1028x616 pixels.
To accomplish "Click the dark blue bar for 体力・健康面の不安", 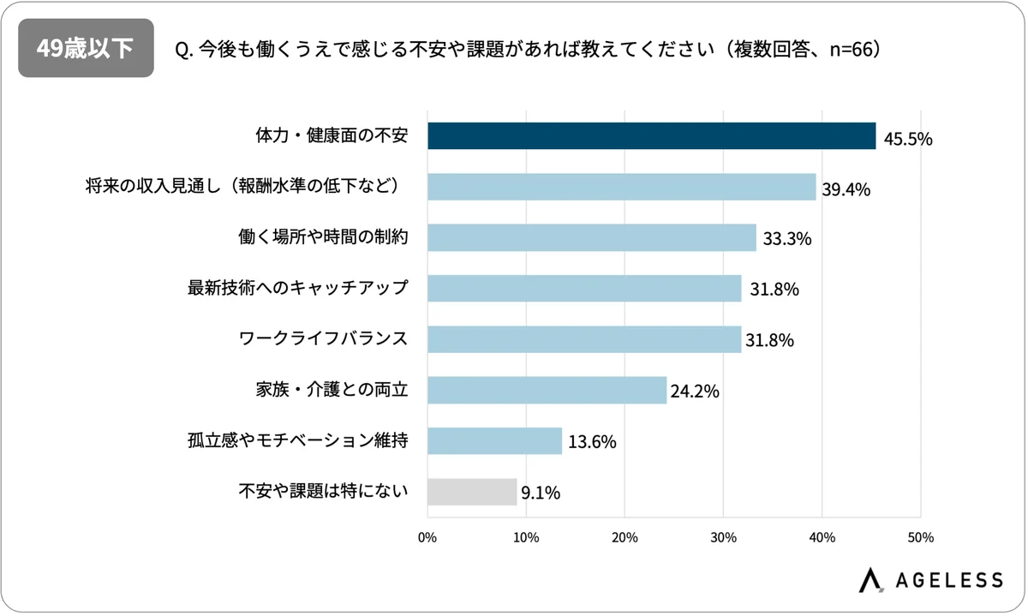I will click(651, 136).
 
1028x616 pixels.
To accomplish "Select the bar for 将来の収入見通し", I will click(621, 187).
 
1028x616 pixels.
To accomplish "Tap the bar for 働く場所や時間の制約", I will click(591, 237).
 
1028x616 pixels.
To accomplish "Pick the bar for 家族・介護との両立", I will click(547, 390).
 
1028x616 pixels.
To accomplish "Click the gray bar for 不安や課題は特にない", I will click(472, 492).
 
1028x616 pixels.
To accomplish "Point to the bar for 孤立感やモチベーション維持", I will click(494, 441).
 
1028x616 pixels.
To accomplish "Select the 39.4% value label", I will click(846, 189).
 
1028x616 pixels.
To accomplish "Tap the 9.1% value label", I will click(541, 493).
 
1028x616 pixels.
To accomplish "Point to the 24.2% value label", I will click(694, 392).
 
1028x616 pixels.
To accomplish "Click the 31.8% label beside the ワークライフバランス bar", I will click(769, 341).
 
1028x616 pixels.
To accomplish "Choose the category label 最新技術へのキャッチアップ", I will click(297, 288).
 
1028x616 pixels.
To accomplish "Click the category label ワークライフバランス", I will click(322, 338).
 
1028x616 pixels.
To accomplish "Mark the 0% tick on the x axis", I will click(427, 538).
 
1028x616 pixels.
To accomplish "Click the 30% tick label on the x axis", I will click(723, 538).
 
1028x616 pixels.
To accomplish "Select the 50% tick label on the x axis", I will click(920, 538).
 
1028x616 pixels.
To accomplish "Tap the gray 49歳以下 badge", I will click(86, 48).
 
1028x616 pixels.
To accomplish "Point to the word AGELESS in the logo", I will click(948, 580).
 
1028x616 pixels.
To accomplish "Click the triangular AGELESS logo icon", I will click(872, 579).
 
